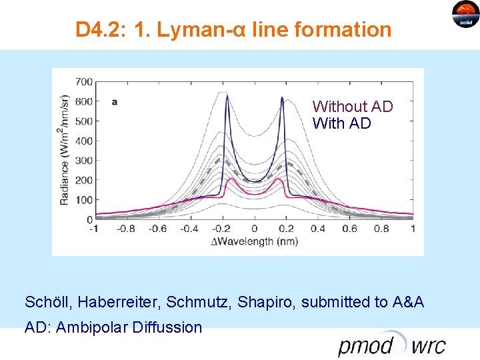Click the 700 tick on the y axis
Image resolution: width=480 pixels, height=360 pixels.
pos(83,82)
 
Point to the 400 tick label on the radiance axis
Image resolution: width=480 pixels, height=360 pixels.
pos(83,141)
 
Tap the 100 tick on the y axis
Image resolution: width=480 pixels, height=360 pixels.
pos(83,200)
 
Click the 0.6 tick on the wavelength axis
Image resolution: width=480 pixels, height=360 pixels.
pos(349,229)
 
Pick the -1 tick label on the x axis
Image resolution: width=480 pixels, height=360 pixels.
pos(95,229)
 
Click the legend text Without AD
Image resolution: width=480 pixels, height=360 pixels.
pos(353,107)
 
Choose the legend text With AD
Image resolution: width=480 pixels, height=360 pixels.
pos(341,124)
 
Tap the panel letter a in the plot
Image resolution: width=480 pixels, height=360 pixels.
pos(115,102)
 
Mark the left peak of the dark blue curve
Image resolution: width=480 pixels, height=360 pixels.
pos(227,97)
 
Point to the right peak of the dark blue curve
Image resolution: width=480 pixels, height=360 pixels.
pos(283,99)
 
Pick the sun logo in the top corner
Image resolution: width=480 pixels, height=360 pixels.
pos(465,13)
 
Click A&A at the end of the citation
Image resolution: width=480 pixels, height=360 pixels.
pos(409,302)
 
